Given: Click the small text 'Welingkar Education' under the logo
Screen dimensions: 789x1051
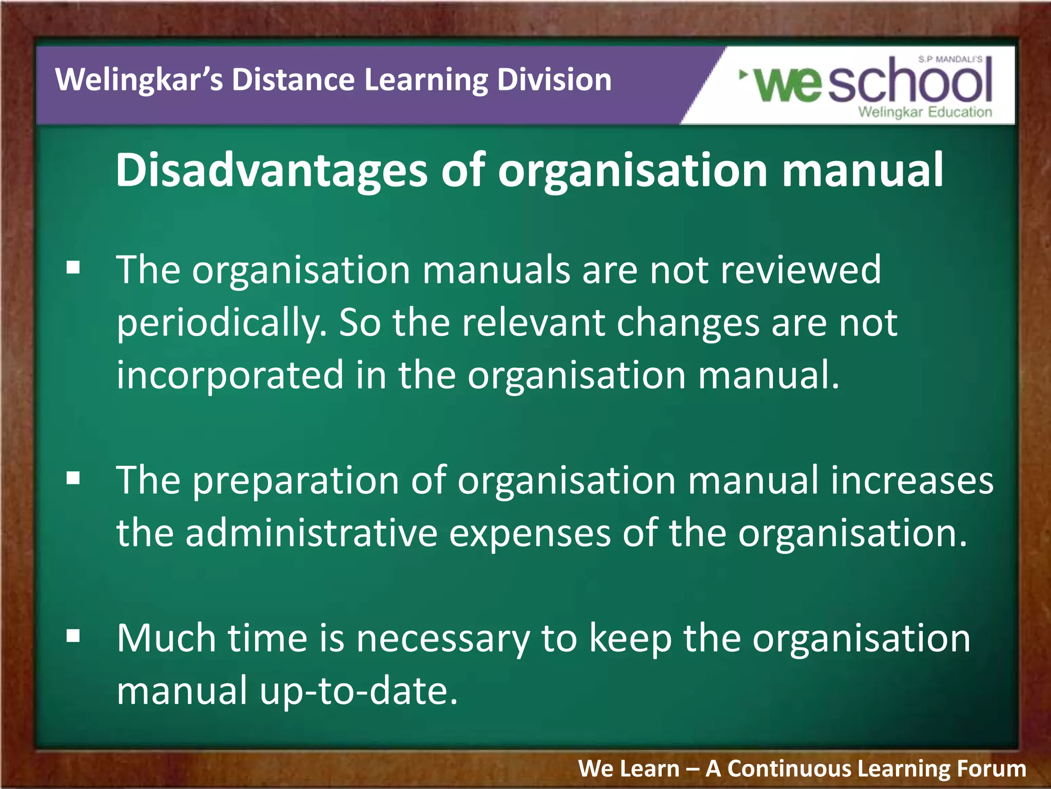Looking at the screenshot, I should pos(925,112).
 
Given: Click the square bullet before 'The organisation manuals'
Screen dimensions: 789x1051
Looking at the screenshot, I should pos(73,268).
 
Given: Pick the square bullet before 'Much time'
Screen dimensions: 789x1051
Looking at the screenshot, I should pos(73,636).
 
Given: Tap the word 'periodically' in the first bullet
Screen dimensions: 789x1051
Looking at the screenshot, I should pos(221,324).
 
